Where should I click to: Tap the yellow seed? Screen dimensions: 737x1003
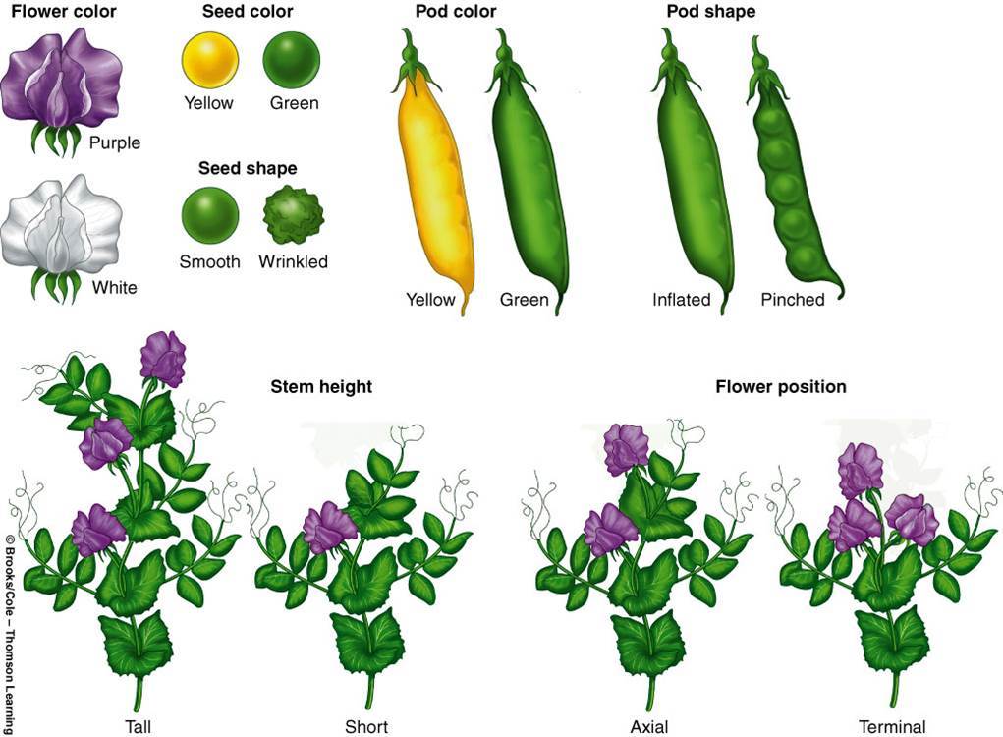tap(209, 59)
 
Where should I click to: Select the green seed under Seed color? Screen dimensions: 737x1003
tap(291, 59)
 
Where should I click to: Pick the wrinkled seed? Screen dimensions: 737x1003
tap(293, 215)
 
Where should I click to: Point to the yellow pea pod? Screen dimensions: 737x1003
tap(435, 182)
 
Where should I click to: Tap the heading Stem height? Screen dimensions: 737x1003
tap(321, 387)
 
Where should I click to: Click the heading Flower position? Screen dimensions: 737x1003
tap(780, 387)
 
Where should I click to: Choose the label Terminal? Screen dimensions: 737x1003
tap(892, 727)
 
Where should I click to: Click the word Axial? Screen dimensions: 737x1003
tap(649, 727)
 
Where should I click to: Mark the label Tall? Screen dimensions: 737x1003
tap(139, 727)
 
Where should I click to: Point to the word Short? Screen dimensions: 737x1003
tap(366, 727)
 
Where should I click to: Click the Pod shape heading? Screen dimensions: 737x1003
tap(710, 13)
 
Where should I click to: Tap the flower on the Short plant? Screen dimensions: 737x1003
tap(328, 528)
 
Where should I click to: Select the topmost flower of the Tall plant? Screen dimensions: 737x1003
tap(163, 359)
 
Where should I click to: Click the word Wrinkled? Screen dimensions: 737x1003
tap(293, 262)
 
